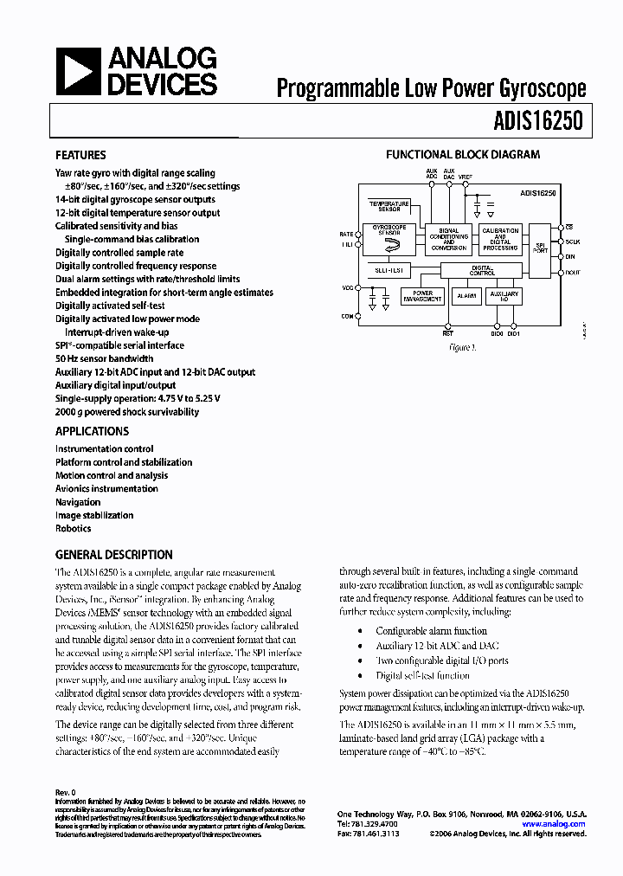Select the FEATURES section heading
81,156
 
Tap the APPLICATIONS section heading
92,431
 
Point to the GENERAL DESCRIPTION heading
113,555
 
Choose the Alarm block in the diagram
466,296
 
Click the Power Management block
422,296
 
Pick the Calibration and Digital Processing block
500,240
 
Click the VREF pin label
466,177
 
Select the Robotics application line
74,528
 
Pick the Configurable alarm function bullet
431,631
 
